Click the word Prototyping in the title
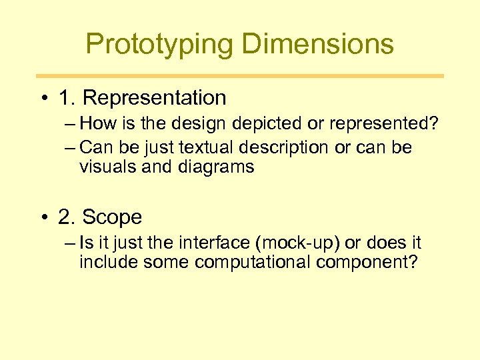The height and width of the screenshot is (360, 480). click(x=160, y=45)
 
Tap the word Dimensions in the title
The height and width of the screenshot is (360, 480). click(x=317, y=45)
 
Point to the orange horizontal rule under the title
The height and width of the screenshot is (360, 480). click(x=240, y=76)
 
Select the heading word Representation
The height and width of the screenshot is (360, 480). click(x=155, y=98)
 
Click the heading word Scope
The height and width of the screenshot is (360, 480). click(x=113, y=217)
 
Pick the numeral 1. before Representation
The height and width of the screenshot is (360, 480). click(x=67, y=98)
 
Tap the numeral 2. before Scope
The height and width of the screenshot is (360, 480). click(x=67, y=217)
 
